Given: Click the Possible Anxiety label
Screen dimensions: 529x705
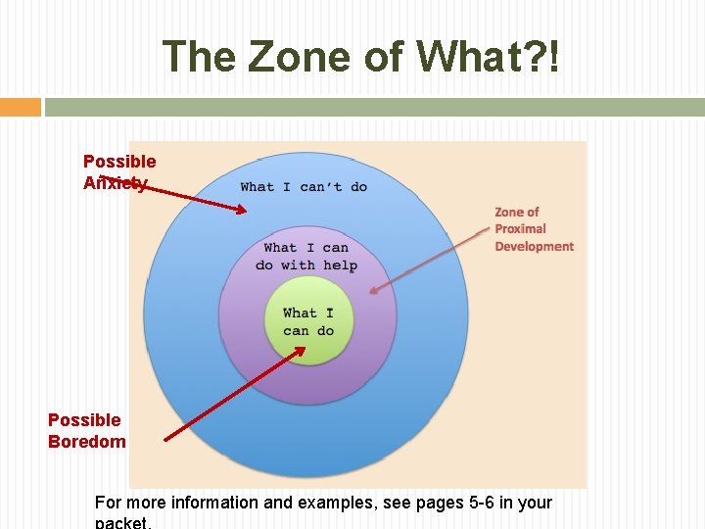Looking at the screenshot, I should [118, 171].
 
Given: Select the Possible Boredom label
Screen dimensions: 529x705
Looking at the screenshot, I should [86, 430].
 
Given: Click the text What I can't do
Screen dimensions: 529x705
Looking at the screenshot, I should [304, 186].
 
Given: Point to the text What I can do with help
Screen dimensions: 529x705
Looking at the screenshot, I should [306, 257].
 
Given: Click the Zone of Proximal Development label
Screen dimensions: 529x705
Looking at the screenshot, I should [534, 229].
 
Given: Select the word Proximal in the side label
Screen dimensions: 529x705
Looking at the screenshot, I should [520, 229].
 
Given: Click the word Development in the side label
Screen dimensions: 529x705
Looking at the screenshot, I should [534, 246].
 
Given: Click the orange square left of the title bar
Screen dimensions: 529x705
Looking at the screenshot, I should [20, 107].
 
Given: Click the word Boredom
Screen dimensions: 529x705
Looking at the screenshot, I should [86, 441].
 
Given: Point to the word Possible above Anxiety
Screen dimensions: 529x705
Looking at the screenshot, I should [118, 161].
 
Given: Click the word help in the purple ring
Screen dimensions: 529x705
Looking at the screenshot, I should [340, 265].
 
